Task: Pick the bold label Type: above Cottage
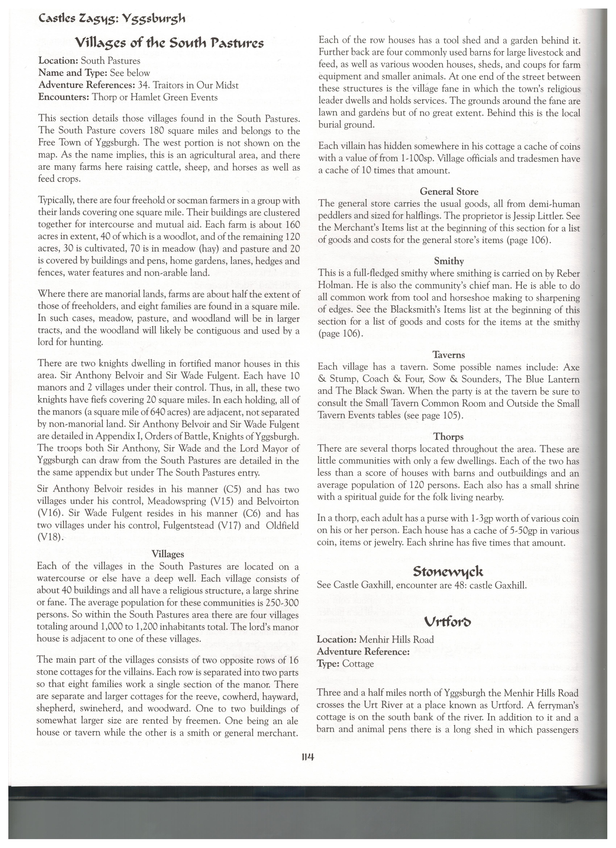[x=328, y=664]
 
